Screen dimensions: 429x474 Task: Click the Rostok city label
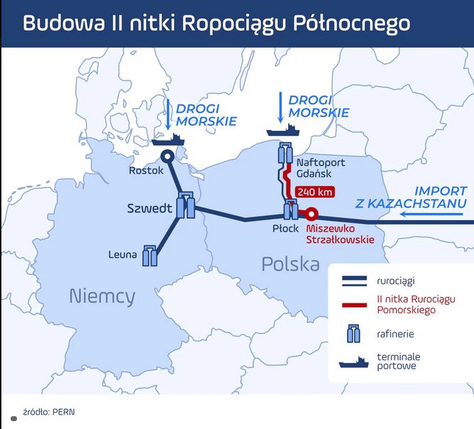(146, 170)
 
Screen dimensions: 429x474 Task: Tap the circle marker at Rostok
(167, 158)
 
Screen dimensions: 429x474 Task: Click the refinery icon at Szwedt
(186, 206)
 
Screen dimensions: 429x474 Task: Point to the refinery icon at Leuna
(150, 255)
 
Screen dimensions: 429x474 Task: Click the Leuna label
(123, 254)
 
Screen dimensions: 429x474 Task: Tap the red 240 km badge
(314, 192)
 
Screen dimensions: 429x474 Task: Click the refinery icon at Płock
(291, 210)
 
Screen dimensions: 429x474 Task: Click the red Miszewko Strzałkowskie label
(339, 234)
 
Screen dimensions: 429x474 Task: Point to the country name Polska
(290, 265)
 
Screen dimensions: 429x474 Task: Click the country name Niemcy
(102, 296)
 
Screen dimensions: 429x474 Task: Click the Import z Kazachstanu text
(411, 197)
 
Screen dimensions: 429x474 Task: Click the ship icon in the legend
(353, 362)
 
